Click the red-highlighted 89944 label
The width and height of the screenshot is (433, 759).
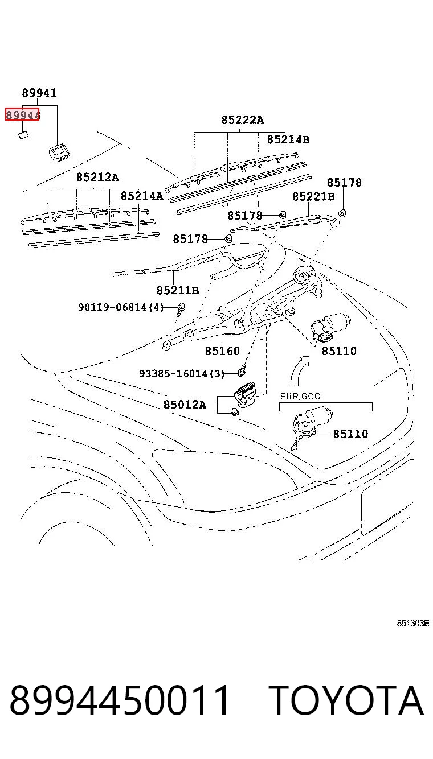(x=22, y=115)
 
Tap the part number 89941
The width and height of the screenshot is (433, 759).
(x=39, y=93)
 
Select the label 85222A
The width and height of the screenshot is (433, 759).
(x=242, y=119)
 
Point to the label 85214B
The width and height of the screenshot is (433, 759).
(x=288, y=139)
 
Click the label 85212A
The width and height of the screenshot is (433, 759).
(x=97, y=177)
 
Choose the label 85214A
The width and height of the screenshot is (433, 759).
(x=142, y=196)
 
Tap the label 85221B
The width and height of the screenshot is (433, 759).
(x=313, y=196)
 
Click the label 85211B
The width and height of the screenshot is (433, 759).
(x=178, y=290)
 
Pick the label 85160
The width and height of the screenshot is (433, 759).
(x=222, y=350)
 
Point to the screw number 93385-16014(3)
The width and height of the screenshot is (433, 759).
(x=182, y=373)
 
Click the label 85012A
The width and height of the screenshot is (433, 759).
(x=185, y=404)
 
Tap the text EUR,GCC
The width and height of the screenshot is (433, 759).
(x=300, y=396)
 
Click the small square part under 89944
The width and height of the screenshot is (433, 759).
(x=23, y=135)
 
